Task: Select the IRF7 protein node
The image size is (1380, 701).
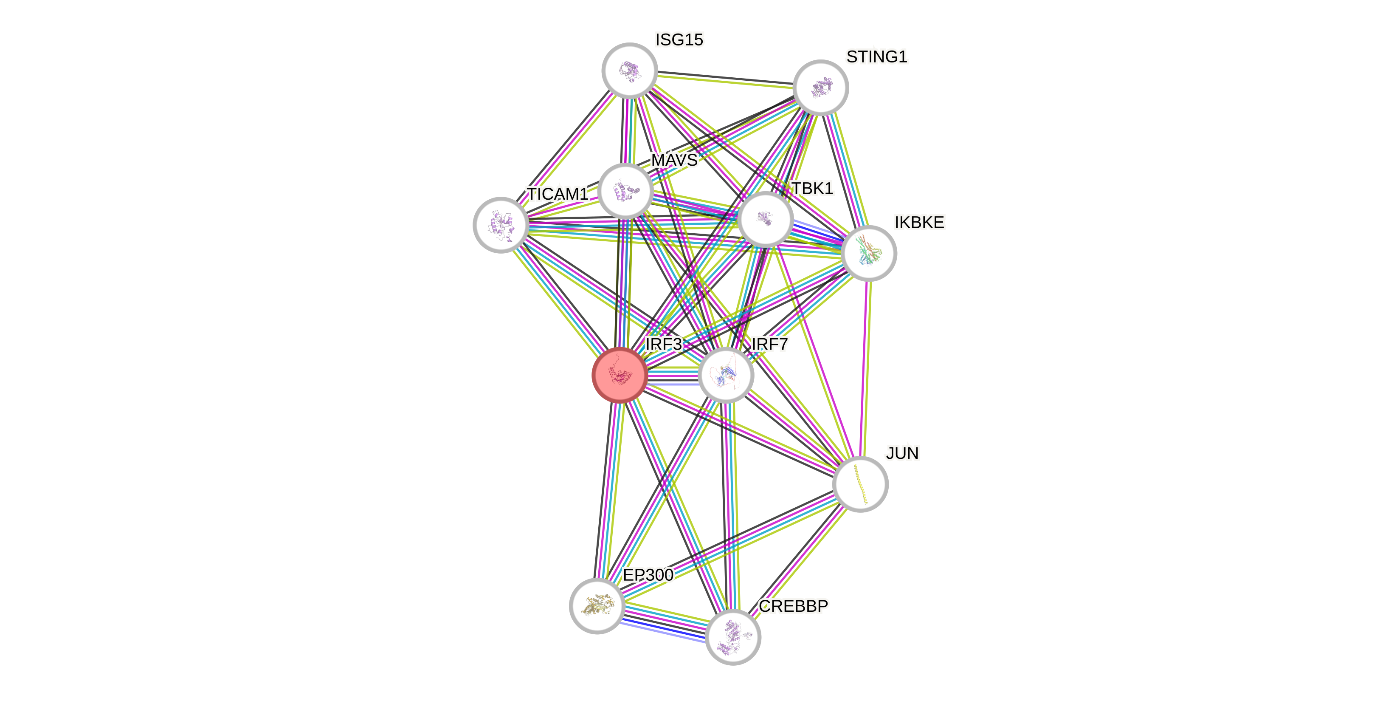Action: (x=726, y=375)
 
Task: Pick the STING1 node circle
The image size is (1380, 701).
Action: (x=820, y=88)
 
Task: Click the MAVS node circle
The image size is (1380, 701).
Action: (x=625, y=191)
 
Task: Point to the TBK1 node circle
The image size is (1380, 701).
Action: (x=765, y=219)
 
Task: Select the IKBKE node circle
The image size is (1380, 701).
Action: (x=869, y=253)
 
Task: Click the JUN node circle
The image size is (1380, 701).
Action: (x=860, y=484)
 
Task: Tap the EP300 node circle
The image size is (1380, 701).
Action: (x=597, y=605)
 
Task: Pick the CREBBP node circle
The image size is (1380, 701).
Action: (x=733, y=637)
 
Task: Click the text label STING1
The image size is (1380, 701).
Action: (x=876, y=57)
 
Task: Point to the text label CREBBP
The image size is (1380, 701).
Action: (x=793, y=606)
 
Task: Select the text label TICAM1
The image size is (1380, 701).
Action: (x=557, y=194)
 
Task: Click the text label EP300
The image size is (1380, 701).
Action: (x=648, y=575)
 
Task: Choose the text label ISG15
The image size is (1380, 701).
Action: (x=679, y=40)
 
